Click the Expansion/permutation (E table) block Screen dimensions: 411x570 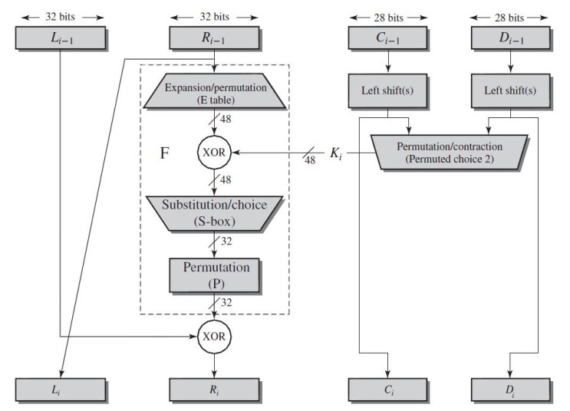[x=215, y=93]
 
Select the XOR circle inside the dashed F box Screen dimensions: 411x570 [x=215, y=153]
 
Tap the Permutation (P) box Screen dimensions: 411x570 [x=215, y=274]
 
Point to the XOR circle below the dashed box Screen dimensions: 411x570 [x=215, y=336]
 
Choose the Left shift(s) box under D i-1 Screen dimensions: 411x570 [x=511, y=90]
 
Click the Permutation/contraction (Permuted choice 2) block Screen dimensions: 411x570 [x=448, y=152]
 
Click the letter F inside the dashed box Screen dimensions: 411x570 [x=164, y=153]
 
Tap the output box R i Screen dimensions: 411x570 [x=215, y=390]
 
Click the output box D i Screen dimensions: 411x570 [x=511, y=390]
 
